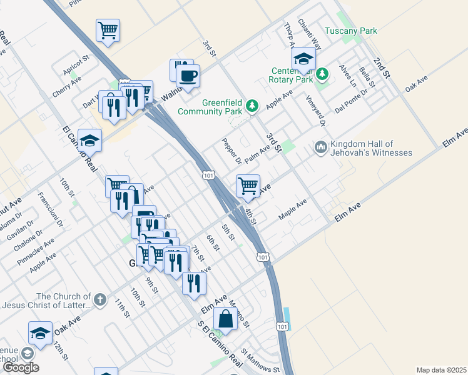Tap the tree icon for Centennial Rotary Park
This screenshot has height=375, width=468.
(x=322, y=74)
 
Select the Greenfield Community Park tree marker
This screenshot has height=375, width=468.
(x=252, y=106)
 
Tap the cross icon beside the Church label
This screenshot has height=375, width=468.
(x=99, y=301)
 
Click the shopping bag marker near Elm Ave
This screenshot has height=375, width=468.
(x=225, y=319)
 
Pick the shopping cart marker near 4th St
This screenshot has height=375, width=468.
(x=248, y=186)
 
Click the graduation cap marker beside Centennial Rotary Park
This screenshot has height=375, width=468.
(x=304, y=59)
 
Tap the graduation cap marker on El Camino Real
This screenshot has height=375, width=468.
(x=90, y=141)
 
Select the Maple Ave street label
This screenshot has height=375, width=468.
(x=293, y=209)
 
